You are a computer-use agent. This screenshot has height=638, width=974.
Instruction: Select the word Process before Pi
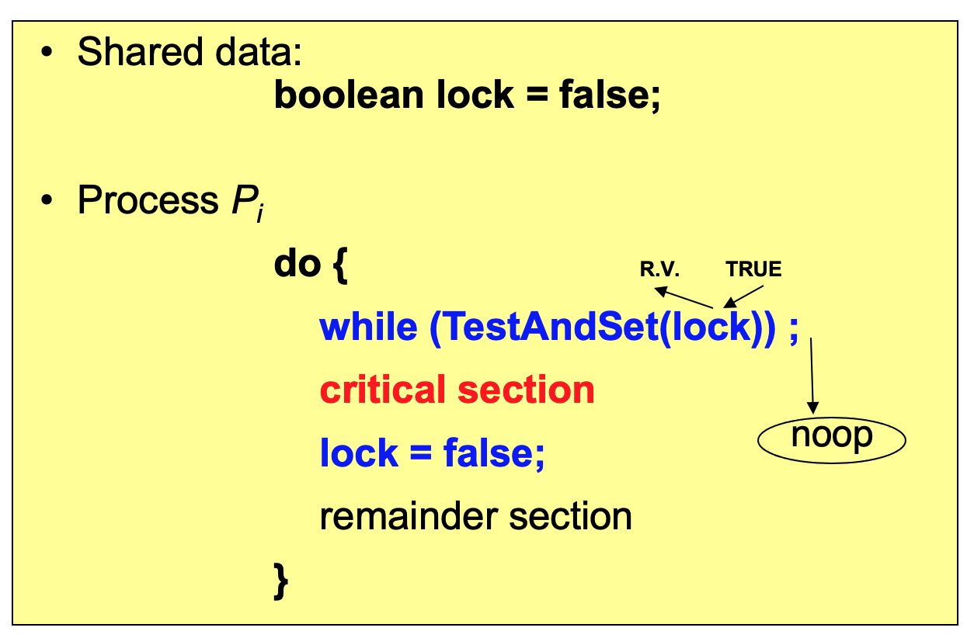[148, 200]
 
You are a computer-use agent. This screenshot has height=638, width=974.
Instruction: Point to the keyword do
[297, 265]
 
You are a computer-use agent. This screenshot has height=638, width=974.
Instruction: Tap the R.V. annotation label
[659, 269]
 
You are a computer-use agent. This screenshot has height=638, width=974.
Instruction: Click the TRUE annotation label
[753, 269]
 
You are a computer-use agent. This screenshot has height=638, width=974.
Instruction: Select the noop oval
[832, 438]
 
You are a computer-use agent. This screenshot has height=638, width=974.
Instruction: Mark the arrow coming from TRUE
[743, 296]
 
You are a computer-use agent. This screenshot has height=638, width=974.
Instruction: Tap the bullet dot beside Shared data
[48, 54]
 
